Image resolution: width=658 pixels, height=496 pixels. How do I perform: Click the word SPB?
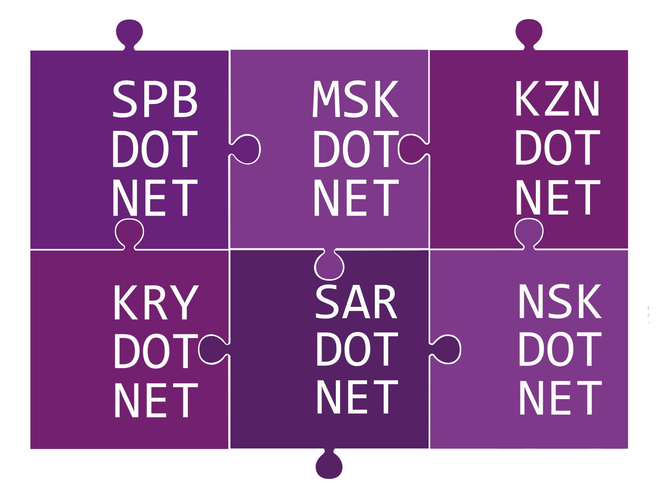(x=155, y=99)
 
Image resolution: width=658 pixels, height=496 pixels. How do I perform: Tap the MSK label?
(x=356, y=99)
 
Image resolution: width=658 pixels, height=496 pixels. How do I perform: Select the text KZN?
(x=558, y=98)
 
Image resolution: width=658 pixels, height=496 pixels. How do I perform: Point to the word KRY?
(x=156, y=302)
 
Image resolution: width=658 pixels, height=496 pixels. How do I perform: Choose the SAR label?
(x=357, y=302)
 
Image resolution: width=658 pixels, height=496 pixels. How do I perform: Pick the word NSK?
(x=560, y=301)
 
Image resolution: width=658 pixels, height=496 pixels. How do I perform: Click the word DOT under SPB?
(x=155, y=149)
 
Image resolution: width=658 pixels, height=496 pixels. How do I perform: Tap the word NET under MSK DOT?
(x=356, y=198)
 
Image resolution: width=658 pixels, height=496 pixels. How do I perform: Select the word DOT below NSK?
(x=560, y=349)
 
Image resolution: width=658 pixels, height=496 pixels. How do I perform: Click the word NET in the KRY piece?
(x=156, y=400)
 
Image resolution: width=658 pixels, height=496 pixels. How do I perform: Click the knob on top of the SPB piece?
(x=129, y=34)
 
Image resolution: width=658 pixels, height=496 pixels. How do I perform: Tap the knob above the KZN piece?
(x=529, y=34)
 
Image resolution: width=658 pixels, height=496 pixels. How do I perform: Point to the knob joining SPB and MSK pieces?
(x=246, y=149)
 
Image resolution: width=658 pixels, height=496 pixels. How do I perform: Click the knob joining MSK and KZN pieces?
(x=413, y=149)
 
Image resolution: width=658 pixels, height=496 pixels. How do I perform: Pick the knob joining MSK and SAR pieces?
(x=329, y=265)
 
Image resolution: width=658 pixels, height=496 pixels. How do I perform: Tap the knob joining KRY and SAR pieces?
(x=213, y=349)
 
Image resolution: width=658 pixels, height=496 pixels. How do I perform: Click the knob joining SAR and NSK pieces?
(x=446, y=349)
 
